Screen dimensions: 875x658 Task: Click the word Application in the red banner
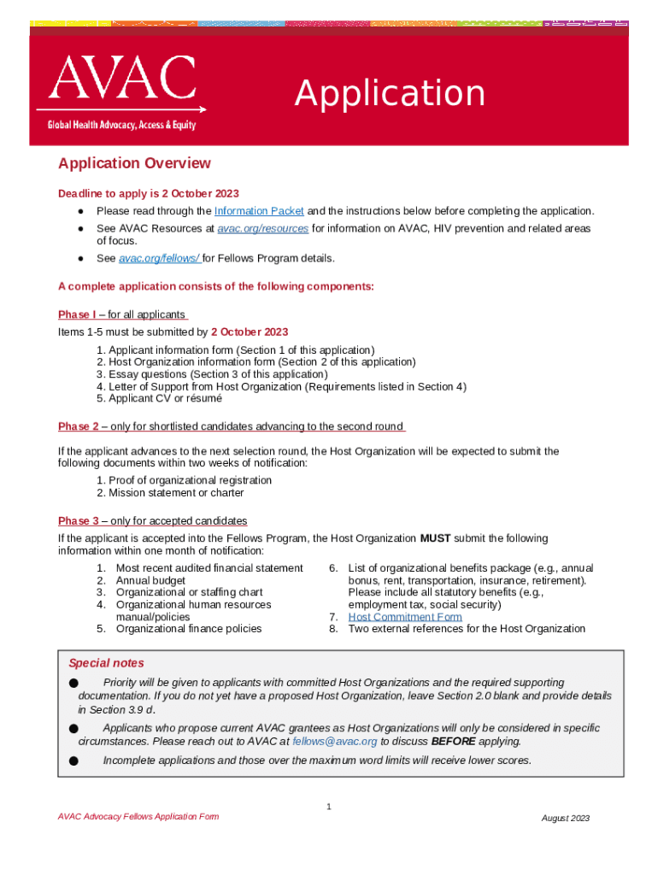390,94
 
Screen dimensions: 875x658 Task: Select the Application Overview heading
134,163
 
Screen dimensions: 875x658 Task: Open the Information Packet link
259,211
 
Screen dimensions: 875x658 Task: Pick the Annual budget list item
150,580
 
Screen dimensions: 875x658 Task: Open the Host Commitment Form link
405,617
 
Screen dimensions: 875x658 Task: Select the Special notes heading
106,663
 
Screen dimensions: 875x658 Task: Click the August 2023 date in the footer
566,819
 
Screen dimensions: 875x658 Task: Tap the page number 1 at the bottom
329,807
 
